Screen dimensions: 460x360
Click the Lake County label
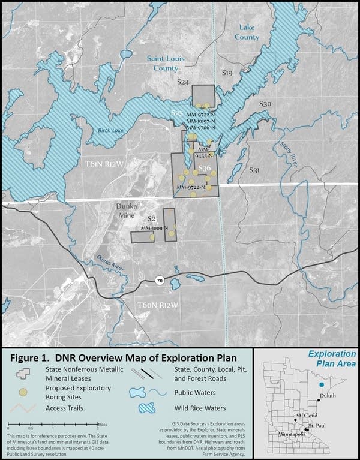pyautogui.click(x=247, y=32)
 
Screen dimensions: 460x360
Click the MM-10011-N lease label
pyautogui.click(x=154, y=228)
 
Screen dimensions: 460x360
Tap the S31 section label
pyautogui.click(x=254, y=171)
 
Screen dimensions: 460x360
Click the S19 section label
pyautogui.click(x=227, y=73)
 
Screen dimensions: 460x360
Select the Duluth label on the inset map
pyautogui.click(x=336, y=396)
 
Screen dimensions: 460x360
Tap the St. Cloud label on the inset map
pyautogui.click(x=305, y=414)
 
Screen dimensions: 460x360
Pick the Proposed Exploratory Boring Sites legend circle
pyautogui.click(x=23, y=392)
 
